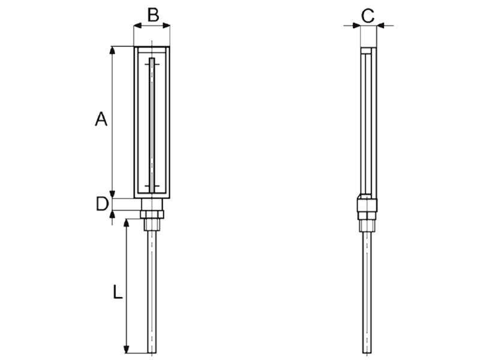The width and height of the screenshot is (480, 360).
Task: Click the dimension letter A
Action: (101, 119)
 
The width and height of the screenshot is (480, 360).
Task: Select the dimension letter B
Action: (153, 15)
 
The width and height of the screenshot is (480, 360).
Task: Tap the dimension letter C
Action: (368, 16)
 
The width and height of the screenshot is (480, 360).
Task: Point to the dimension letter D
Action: (102, 204)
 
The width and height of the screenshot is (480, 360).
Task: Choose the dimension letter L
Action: (118, 292)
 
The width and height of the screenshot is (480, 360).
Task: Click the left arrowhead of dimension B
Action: (137, 26)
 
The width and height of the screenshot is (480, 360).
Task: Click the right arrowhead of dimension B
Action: (166, 26)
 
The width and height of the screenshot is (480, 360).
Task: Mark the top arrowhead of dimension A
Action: (112, 50)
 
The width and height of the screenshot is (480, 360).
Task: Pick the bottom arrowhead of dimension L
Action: (126, 349)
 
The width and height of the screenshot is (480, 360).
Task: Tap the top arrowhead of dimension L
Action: (126, 223)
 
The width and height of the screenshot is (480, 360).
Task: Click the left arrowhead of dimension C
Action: (356, 26)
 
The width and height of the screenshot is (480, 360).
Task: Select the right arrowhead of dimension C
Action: (380, 26)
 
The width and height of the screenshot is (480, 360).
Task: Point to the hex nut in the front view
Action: (152, 214)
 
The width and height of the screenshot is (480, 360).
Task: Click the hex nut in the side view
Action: (367, 215)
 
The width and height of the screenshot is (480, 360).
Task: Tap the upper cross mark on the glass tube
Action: (152, 64)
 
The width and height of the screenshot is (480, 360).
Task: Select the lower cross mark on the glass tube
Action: (152, 186)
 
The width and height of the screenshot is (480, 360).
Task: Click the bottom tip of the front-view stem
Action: (152, 353)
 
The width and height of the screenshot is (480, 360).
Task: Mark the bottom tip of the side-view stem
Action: (367, 353)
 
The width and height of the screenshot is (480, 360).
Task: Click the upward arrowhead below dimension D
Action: (112, 215)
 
